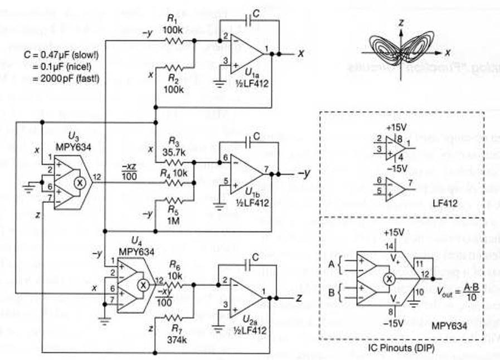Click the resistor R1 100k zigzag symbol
(x=174, y=41)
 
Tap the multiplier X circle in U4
(x=143, y=284)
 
